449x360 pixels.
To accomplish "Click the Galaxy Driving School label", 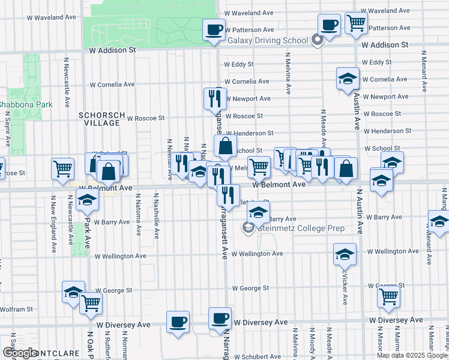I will click(268, 41).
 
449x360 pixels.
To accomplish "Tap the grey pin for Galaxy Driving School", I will click(318, 40).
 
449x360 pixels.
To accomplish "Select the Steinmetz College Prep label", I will click(301, 228).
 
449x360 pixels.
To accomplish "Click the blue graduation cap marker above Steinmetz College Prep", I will click(258, 212).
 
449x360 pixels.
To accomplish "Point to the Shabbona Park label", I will click(26, 104).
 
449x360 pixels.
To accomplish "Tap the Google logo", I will click(20, 353).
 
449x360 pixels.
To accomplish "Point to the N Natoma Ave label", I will click(139, 214).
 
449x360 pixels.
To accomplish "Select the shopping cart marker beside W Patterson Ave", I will click(357, 23).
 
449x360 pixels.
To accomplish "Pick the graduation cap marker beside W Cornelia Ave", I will click(347, 79).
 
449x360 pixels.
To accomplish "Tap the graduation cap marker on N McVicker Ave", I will click(345, 254).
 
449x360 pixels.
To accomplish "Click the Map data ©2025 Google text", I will click(412, 355).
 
